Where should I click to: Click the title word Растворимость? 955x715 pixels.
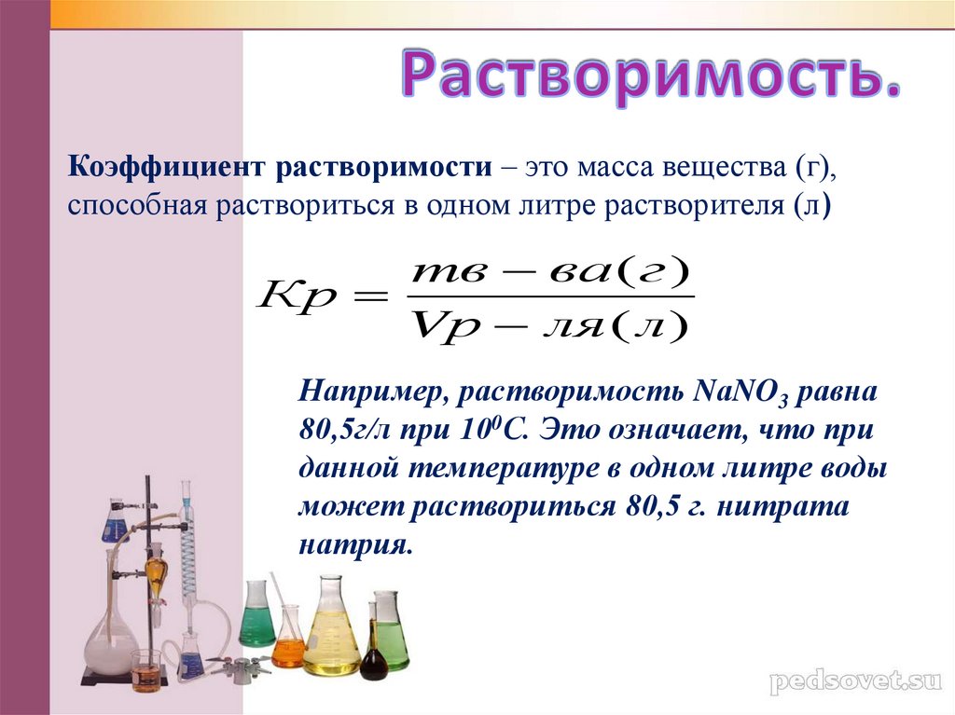pyautogui.click(x=650, y=77)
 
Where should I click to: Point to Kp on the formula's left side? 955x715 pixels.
pyautogui.click(x=297, y=298)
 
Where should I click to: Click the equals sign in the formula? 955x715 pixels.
pyautogui.click(x=369, y=297)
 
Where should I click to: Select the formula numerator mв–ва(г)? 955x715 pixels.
pyautogui.click(x=550, y=274)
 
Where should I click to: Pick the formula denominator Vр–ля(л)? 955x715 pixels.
pyautogui.click(x=548, y=326)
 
